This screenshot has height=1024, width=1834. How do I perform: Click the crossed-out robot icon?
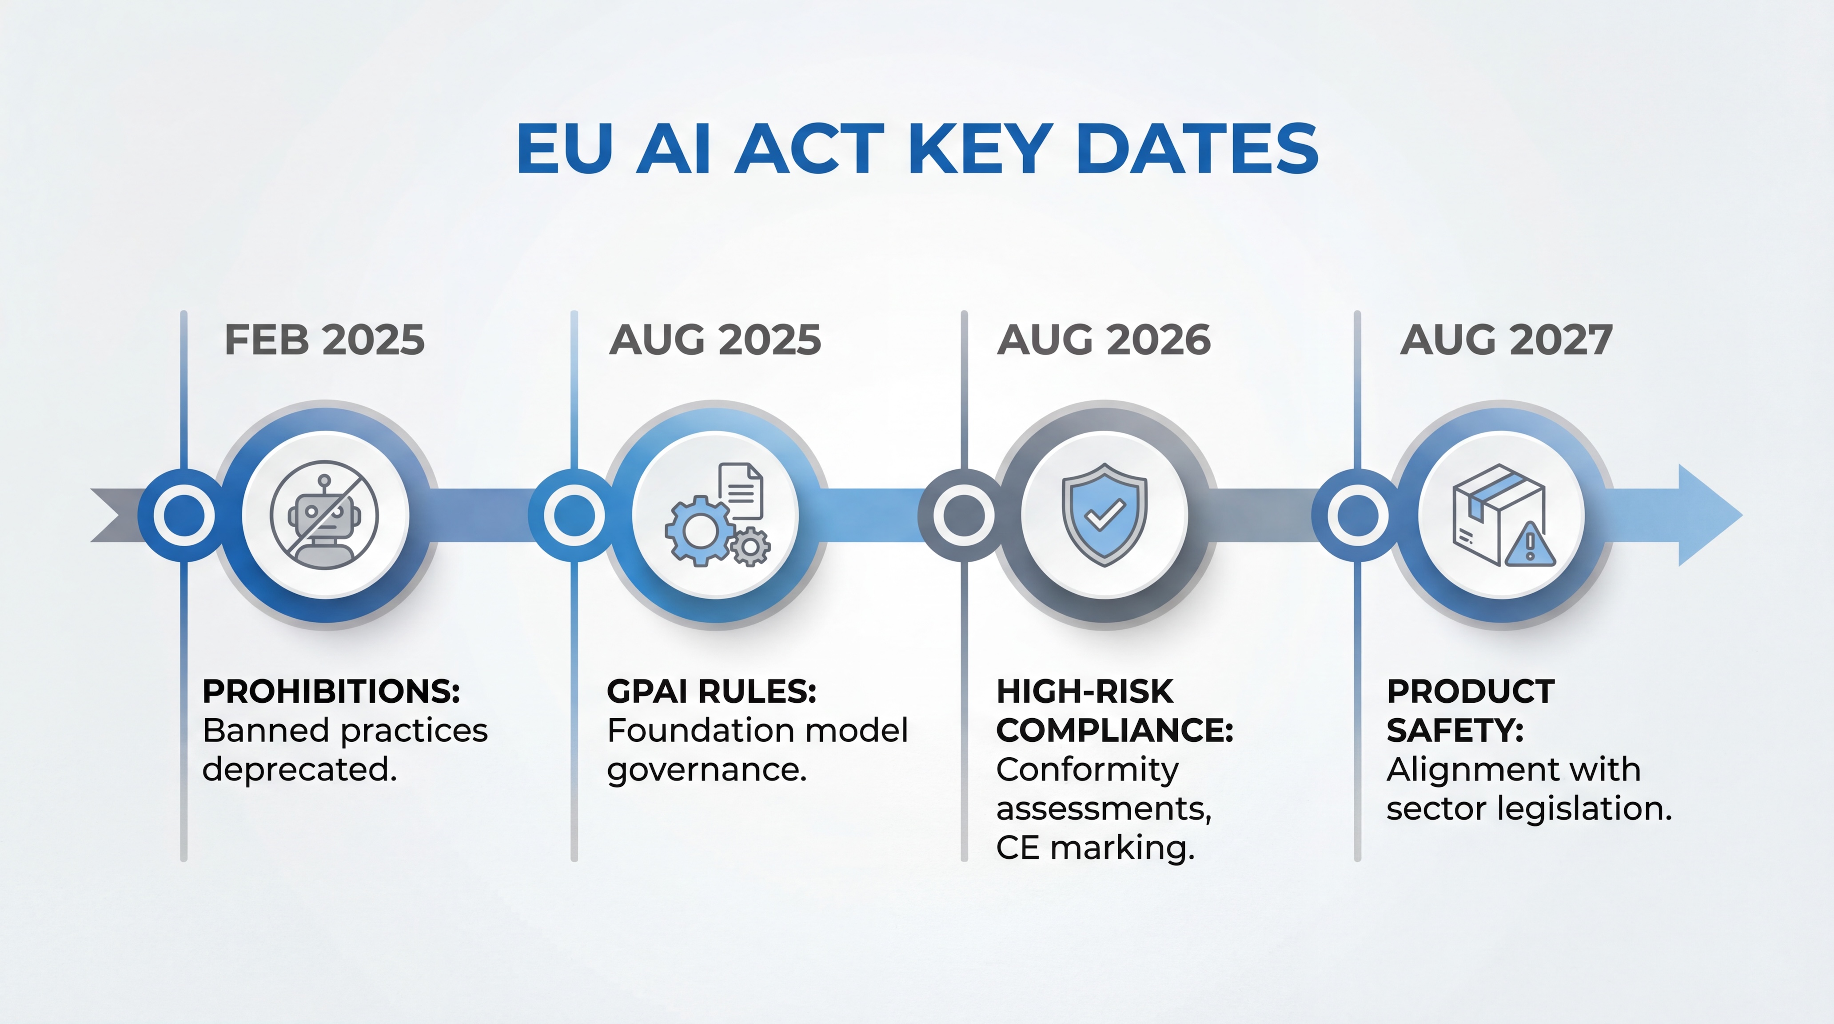coord(325,515)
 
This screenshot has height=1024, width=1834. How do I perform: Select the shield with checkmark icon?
coord(1104,514)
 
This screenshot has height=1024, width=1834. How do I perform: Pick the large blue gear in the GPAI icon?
coord(699,531)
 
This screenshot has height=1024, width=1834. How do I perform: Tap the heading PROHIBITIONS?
coord(331,692)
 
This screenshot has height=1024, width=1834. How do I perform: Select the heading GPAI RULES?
coord(711,692)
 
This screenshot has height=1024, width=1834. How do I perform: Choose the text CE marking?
coord(1095,848)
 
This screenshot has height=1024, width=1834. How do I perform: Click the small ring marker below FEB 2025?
coord(183,515)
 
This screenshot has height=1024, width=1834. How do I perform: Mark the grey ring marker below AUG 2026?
coord(964,515)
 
